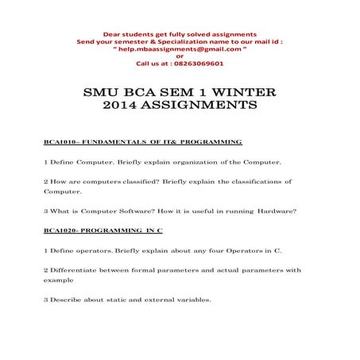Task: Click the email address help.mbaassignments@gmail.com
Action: click(178, 48)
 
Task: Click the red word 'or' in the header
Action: click(180, 55)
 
